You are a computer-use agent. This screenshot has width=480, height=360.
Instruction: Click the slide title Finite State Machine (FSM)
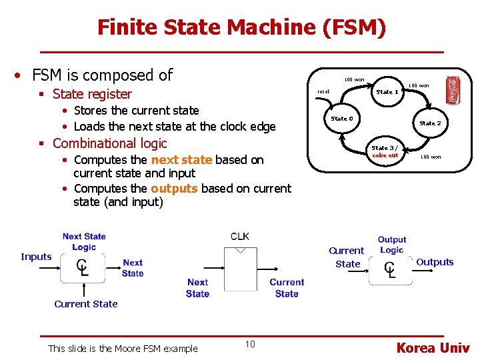click(x=241, y=27)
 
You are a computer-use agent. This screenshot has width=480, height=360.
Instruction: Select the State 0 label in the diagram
click(x=342, y=119)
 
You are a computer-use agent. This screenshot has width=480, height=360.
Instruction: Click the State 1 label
click(x=387, y=92)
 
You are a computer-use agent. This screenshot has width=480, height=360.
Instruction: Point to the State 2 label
click(x=430, y=123)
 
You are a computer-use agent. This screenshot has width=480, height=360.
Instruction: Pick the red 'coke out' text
click(x=385, y=155)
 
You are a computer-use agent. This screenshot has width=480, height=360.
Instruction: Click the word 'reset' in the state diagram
click(x=323, y=92)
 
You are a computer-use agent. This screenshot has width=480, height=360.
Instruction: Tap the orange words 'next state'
click(x=181, y=160)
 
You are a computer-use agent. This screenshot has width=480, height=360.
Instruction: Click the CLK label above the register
click(x=240, y=237)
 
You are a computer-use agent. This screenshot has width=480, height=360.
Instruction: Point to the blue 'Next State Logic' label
click(x=84, y=241)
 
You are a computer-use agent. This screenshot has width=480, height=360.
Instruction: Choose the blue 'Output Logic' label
click(x=391, y=245)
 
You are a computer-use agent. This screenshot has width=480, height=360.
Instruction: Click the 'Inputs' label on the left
click(x=36, y=257)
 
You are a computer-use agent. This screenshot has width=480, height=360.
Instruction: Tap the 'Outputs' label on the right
click(x=435, y=262)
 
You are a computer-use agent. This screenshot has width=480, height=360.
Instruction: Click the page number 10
click(x=250, y=344)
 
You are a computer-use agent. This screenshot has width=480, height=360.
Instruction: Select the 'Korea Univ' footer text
click(x=433, y=347)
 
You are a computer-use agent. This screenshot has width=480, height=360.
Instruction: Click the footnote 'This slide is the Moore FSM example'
click(x=123, y=348)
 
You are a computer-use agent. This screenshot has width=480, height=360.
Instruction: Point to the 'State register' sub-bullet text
click(x=92, y=94)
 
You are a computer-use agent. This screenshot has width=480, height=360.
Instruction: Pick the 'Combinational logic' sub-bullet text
click(x=109, y=143)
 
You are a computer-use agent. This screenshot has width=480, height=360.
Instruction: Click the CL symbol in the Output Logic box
click(x=390, y=269)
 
